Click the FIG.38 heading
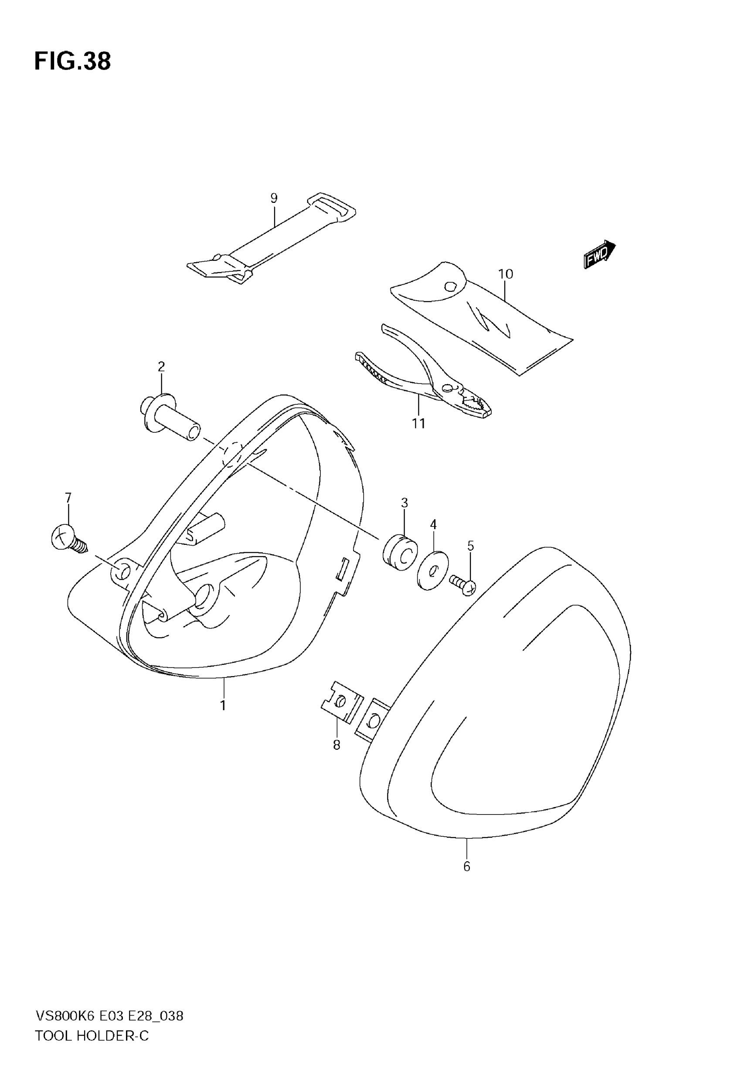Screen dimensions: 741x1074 pyautogui.click(x=73, y=62)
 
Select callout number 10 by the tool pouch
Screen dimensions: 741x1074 pyautogui.click(x=506, y=274)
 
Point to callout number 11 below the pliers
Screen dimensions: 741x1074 pyautogui.click(x=418, y=424)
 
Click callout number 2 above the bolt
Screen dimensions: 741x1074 pyautogui.click(x=161, y=367)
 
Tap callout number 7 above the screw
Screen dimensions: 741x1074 pyautogui.click(x=68, y=498)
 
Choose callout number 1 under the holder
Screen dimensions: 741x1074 pyautogui.click(x=223, y=706)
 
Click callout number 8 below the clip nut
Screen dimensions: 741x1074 pyautogui.click(x=337, y=745)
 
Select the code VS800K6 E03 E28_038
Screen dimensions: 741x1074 pyautogui.click(x=109, y=1016)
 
